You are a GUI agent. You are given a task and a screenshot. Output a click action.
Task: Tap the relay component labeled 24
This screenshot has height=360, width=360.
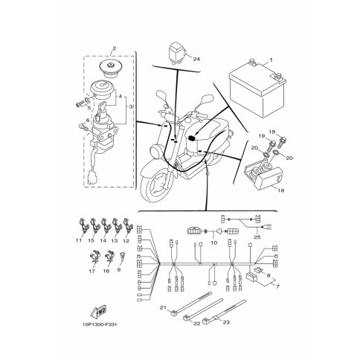(177, 54)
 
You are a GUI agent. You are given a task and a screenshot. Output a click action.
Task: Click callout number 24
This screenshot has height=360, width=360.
(196, 59)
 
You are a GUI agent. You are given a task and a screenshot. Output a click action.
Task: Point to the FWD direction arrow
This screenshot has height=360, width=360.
(98, 311)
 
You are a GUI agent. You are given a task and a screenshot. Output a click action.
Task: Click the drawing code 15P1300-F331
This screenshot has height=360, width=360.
(98, 324)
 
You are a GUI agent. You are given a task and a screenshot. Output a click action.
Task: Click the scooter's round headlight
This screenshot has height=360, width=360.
(155, 150)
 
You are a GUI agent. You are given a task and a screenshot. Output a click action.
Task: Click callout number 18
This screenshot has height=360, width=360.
(281, 190)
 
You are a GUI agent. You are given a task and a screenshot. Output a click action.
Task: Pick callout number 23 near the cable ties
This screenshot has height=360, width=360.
(226, 322)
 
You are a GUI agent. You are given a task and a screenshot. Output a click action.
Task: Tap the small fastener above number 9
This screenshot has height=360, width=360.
(122, 256)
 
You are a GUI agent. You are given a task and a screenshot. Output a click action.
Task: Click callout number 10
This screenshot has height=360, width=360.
(214, 242)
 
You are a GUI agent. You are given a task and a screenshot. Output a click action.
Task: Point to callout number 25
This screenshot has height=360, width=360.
(257, 237)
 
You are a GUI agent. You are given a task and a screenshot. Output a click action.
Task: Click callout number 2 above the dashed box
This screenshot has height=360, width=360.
(114, 48)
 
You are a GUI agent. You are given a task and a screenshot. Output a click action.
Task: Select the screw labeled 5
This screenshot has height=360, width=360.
(79, 105)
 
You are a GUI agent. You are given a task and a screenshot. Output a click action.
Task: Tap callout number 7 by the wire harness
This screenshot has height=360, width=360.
(277, 286)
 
